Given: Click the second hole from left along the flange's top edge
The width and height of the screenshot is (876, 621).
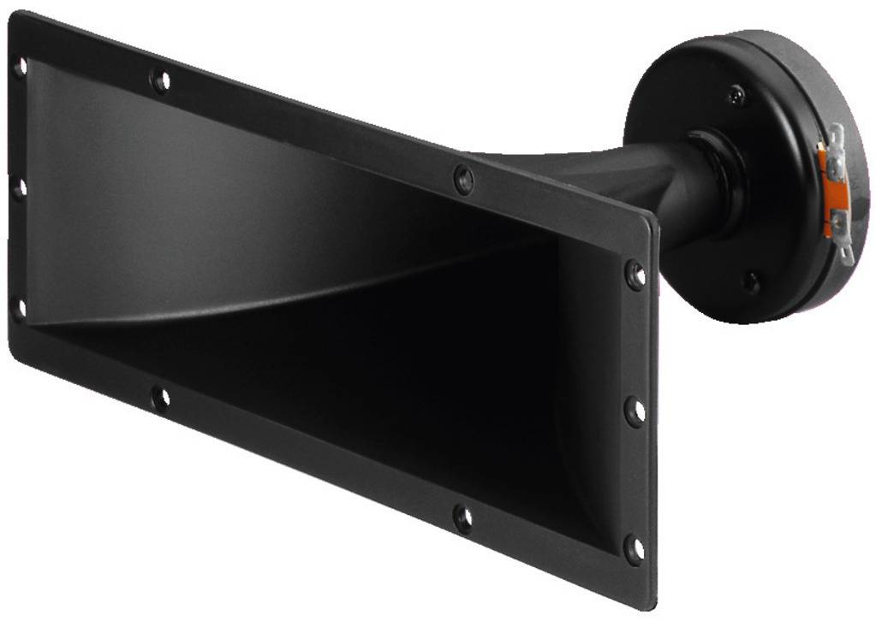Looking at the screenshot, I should [160, 81].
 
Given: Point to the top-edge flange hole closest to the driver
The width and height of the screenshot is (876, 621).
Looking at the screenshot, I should [463, 180].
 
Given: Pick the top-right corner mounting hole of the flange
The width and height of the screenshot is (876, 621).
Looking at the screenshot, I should [635, 275].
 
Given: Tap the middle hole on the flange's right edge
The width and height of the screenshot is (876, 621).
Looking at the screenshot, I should [635, 411].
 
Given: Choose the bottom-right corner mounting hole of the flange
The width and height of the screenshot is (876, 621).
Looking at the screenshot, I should [634, 548].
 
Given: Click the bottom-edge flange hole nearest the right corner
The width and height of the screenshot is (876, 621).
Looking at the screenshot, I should [462, 518].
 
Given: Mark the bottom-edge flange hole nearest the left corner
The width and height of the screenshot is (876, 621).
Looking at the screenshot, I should [160, 398].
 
